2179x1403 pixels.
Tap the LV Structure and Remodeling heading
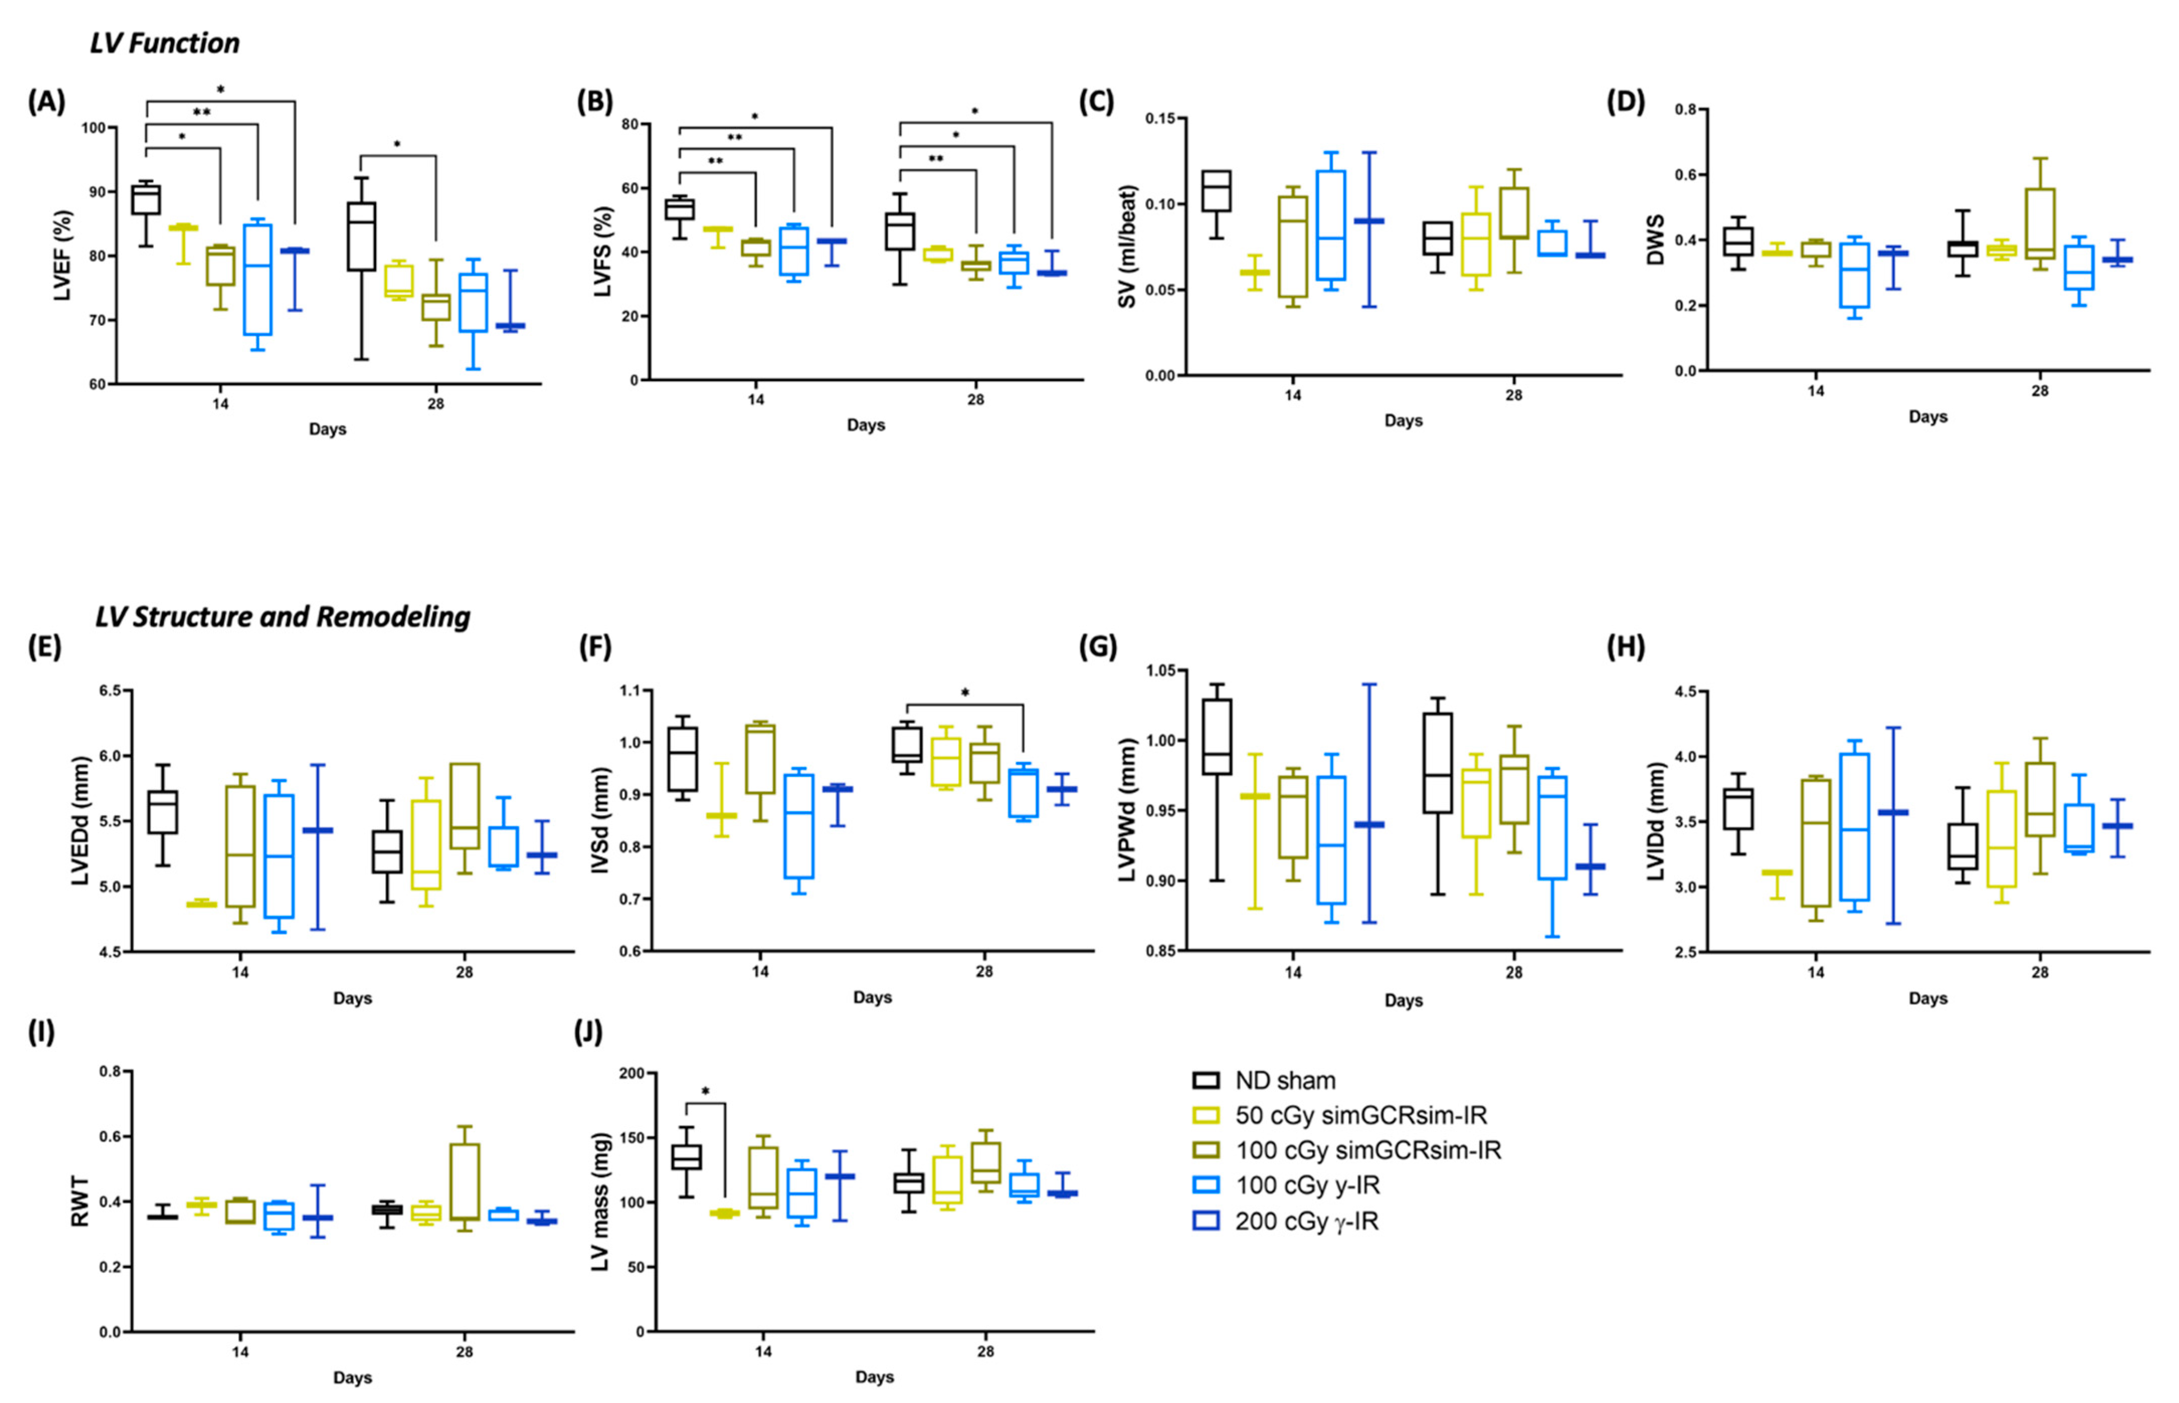tap(282, 617)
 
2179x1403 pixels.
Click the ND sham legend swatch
tap(1206, 1081)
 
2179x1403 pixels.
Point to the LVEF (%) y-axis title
tap(62, 256)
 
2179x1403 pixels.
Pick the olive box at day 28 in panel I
tap(465, 1180)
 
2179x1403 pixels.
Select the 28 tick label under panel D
tap(2040, 391)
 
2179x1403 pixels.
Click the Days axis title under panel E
tap(352, 999)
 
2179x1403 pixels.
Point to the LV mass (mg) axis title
tap(601, 1203)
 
